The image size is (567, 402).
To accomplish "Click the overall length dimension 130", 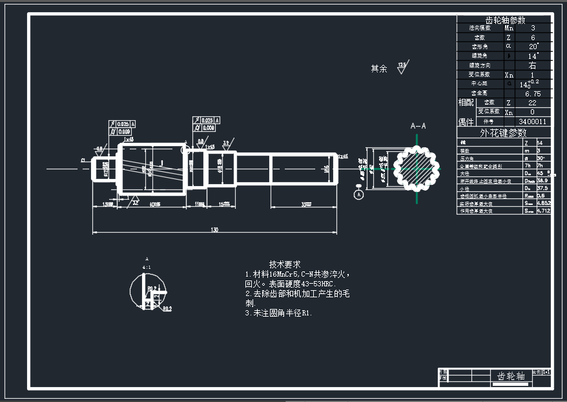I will click(x=214, y=229).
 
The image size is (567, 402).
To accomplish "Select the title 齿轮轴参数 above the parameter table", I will click(x=505, y=20).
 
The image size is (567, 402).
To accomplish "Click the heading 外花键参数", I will click(x=504, y=132).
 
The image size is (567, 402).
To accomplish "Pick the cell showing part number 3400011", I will click(x=533, y=121).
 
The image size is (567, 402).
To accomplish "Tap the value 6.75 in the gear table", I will click(x=533, y=94).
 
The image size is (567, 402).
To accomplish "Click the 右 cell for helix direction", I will click(x=533, y=65).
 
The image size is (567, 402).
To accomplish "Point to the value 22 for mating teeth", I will click(x=533, y=103).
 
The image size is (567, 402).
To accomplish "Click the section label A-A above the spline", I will click(x=418, y=126).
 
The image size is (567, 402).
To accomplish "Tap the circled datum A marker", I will click(x=359, y=193).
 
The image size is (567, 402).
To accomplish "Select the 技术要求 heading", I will click(x=285, y=264).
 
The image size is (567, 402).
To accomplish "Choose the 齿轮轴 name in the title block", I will click(x=510, y=376).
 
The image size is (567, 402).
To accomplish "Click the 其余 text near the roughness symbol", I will click(x=378, y=69).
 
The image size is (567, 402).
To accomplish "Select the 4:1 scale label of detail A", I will click(x=147, y=267).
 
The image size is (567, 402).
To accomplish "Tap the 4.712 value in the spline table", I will click(x=543, y=211).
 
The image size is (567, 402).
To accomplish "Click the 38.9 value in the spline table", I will click(x=543, y=181).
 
